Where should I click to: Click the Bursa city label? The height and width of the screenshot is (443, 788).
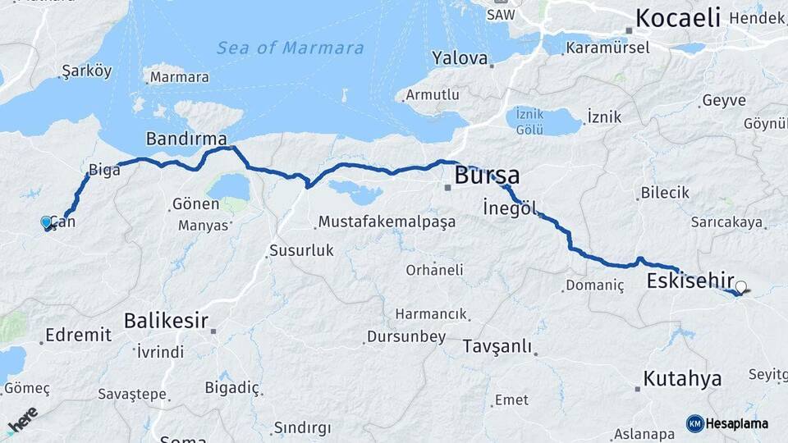coord(487,175)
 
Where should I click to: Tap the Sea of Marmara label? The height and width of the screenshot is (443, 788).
coord(290,48)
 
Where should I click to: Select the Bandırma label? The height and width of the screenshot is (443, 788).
coord(186,138)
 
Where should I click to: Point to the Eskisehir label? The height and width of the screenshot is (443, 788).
coord(689,281)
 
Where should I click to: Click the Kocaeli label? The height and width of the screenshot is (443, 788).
coord(677,17)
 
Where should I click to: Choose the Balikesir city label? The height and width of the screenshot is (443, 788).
coord(166,321)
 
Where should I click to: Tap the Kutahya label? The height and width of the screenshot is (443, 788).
coord(682,378)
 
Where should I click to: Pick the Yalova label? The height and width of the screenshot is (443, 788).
coord(460,58)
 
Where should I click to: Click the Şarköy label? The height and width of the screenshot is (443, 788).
coord(86,71)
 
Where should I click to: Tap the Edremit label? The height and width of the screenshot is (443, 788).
coord(78,334)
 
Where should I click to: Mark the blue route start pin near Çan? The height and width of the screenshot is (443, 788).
coord(47,222)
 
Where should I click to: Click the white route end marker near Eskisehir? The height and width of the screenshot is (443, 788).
coord(741,287)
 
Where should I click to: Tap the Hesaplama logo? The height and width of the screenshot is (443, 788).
coord(727,423)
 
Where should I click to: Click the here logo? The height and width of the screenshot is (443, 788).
coord(22,419)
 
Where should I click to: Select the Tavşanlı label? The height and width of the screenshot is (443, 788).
coord(497,345)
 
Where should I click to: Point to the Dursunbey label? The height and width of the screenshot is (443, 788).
coord(405,336)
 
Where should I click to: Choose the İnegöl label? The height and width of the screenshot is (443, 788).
coord(510,208)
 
